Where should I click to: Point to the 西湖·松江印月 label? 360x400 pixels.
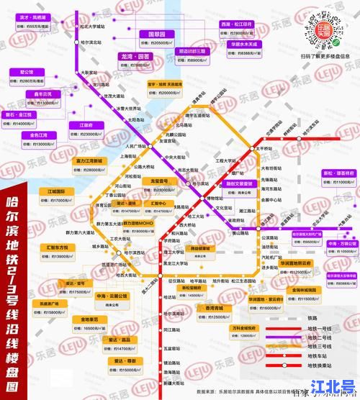pyautogui.click(x=236, y=24)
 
